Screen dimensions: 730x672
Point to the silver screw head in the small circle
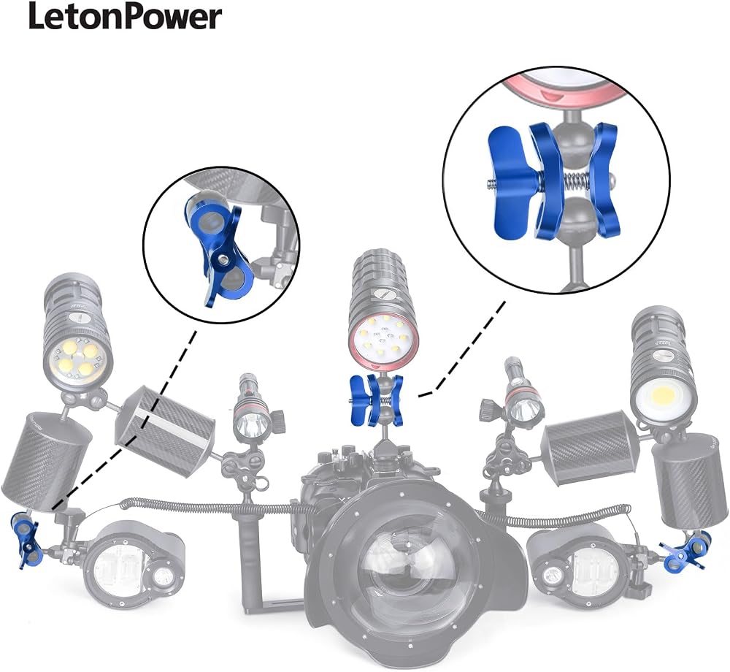pos(223,259)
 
